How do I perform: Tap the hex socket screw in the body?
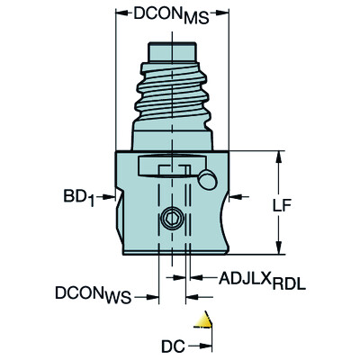pos(169,220)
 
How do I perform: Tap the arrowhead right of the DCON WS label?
pos(156,293)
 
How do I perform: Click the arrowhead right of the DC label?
pos(209,343)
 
